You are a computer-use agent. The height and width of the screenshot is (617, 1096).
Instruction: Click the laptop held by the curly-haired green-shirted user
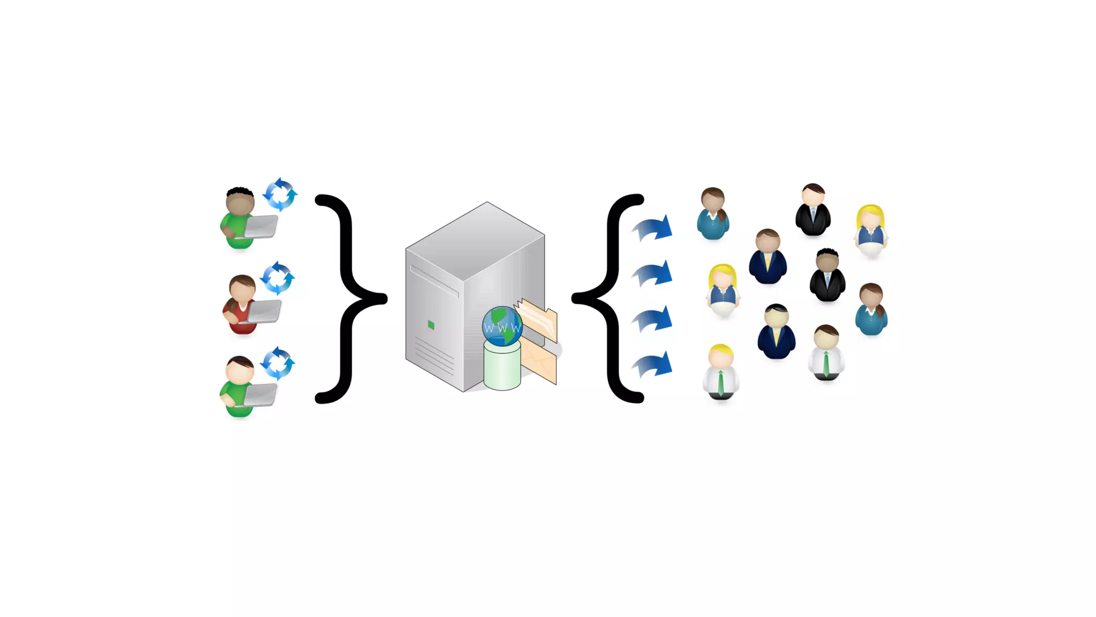pyautogui.click(x=261, y=226)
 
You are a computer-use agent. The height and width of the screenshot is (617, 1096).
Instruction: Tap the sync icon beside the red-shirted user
pyautogui.click(x=277, y=278)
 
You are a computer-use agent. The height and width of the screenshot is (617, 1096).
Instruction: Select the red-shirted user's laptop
pyautogui.click(x=264, y=311)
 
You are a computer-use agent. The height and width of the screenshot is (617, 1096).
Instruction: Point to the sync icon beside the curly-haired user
pyautogui.click(x=280, y=194)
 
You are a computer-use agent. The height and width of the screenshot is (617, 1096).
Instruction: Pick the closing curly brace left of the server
pyautogui.click(x=351, y=298)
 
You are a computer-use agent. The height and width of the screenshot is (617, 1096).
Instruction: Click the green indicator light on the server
pyautogui.click(x=431, y=325)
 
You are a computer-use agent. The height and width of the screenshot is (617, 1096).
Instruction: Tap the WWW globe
pyautogui.click(x=502, y=326)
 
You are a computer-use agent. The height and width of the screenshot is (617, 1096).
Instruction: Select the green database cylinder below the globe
pyautogui.click(x=502, y=367)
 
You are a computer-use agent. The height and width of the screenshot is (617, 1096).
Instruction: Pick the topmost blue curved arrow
pyautogui.click(x=652, y=228)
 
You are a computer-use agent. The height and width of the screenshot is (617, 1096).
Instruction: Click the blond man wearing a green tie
pyautogui.click(x=721, y=372)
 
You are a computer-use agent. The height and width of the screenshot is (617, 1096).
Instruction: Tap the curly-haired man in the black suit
pyautogui.click(x=827, y=275)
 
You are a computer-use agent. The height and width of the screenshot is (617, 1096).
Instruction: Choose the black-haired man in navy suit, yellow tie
pyautogui.click(x=776, y=332)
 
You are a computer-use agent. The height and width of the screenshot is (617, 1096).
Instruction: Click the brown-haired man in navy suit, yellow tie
pyautogui.click(x=768, y=257)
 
